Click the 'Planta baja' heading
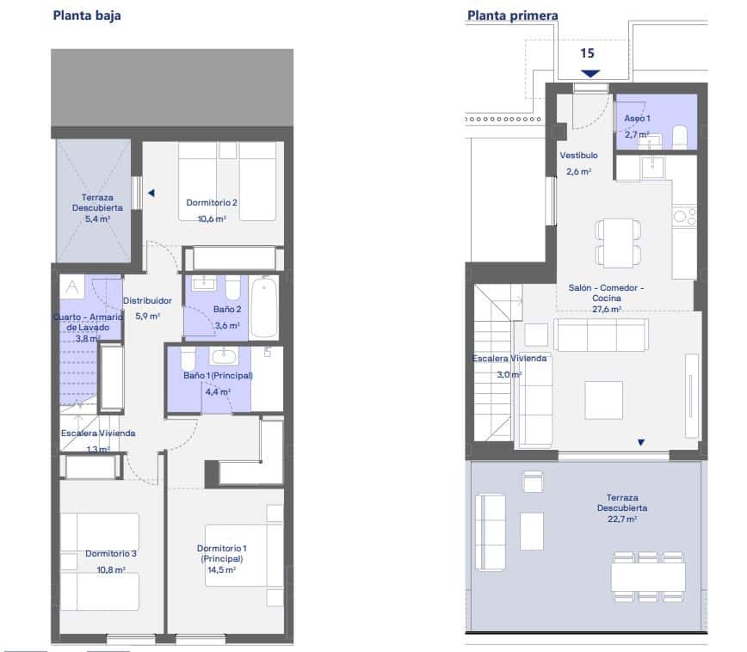[x=87, y=15]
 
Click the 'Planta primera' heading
[x=512, y=15]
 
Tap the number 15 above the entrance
[x=587, y=52]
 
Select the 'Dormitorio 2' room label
[x=211, y=203]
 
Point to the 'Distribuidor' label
[x=147, y=301]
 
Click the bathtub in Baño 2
[x=263, y=307]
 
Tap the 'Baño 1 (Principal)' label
[x=217, y=376]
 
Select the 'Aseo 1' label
[x=637, y=118]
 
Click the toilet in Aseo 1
[x=680, y=136]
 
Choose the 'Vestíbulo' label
[x=578, y=157]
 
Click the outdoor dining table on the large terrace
[x=648, y=576]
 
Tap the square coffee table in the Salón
[x=603, y=400]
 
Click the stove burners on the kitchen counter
[x=684, y=215]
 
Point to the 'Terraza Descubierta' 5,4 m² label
[x=92, y=207]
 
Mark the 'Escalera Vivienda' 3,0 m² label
[x=509, y=366]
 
